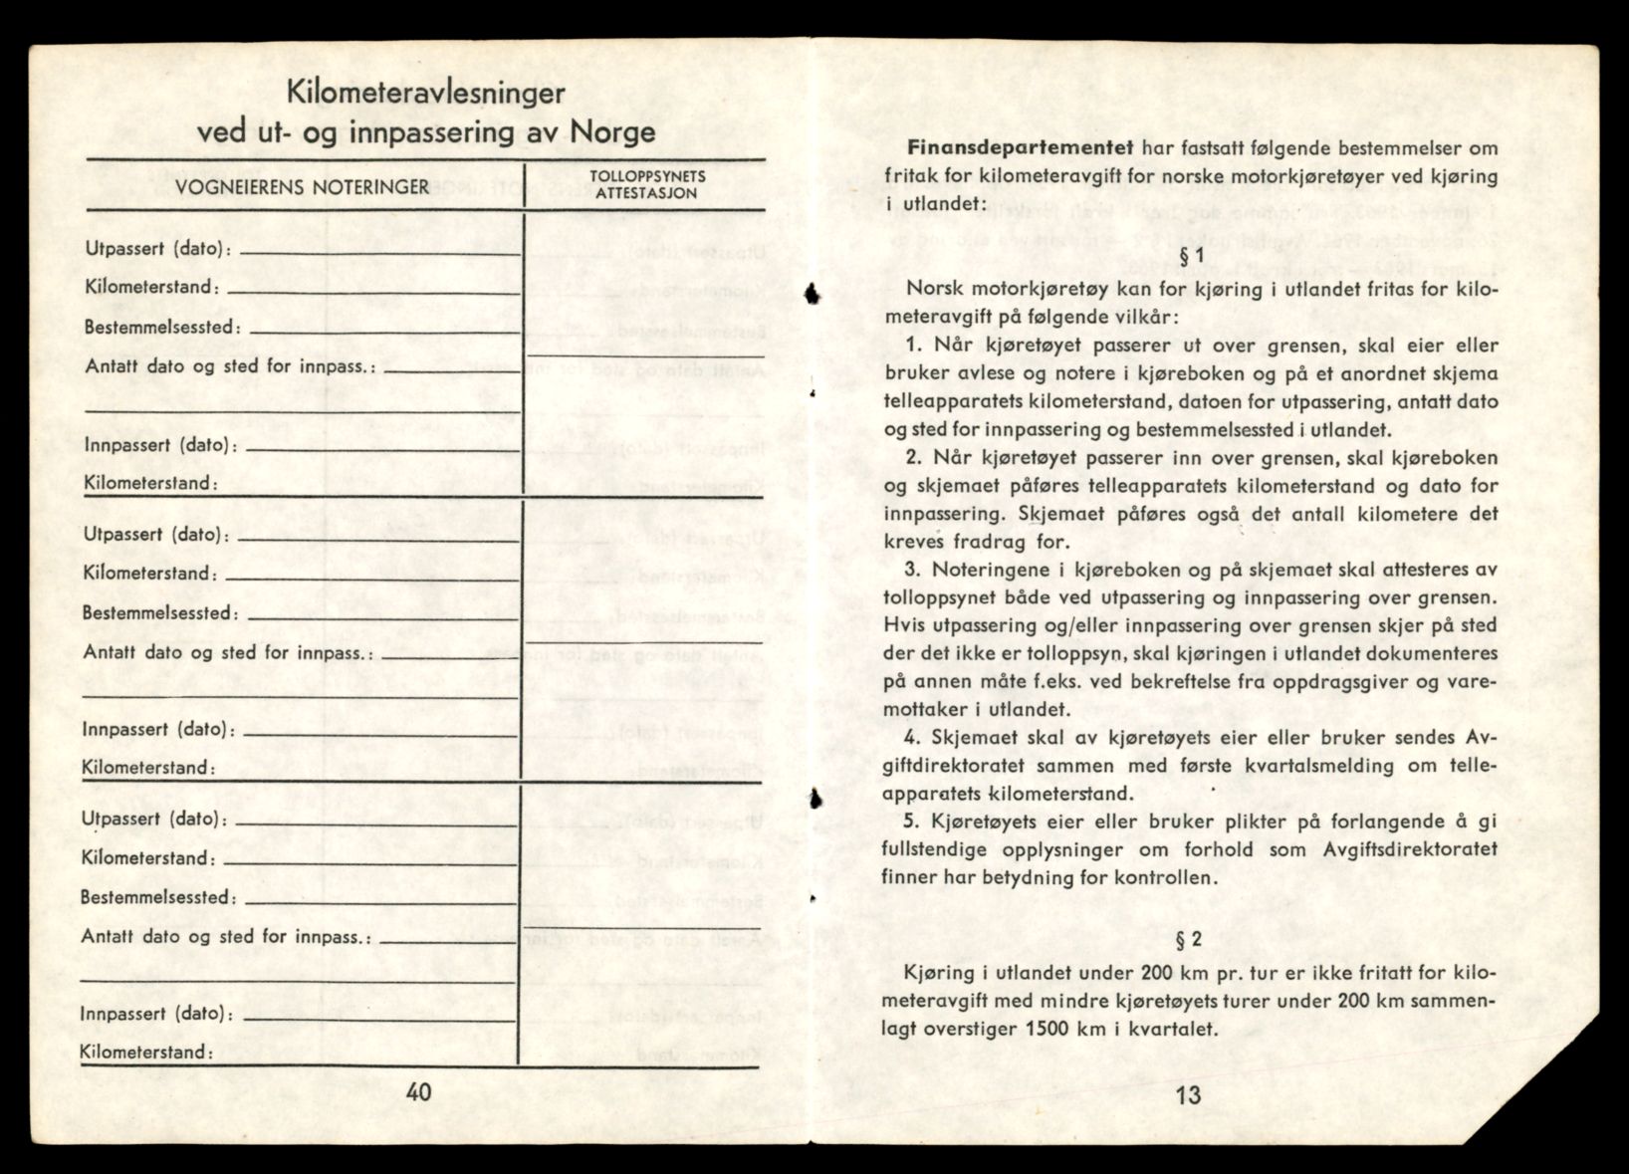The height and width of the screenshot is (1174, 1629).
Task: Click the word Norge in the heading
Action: tap(612, 131)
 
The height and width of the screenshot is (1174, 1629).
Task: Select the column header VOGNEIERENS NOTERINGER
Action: tap(303, 186)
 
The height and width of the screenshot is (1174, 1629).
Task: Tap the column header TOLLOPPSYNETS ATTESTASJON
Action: tap(647, 184)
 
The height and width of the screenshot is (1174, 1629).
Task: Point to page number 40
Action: tap(419, 1091)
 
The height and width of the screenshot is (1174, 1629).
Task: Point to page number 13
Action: tap(1188, 1095)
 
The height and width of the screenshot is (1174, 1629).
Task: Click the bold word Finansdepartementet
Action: tap(1021, 148)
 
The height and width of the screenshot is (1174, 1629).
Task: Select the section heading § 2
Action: tap(1189, 939)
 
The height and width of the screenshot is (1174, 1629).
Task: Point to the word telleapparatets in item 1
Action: tap(944, 401)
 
